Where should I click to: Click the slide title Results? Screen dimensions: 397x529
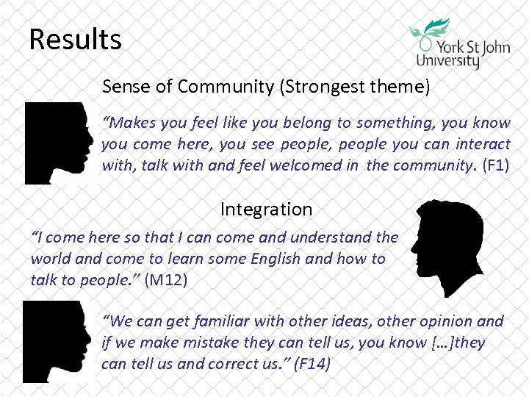pos(75,39)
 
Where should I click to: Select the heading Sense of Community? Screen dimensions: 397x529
pos(188,87)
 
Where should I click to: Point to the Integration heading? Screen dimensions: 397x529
pos(266,210)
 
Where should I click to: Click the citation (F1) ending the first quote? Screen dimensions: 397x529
pos(496,165)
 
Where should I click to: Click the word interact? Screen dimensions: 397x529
pos(483,144)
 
